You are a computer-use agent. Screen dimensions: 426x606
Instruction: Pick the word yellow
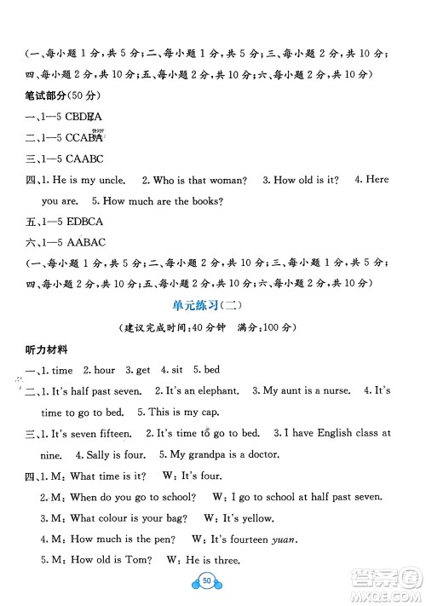(x=253, y=517)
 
